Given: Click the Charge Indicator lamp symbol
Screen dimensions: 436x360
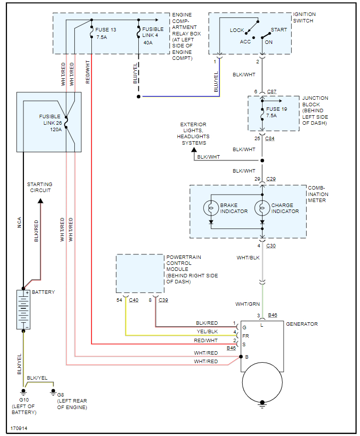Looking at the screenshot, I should [x=262, y=208].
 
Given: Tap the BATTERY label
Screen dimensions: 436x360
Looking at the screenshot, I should [x=43, y=292].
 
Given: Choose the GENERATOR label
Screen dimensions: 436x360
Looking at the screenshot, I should [x=302, y=324].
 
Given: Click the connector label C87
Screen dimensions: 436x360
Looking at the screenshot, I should [x=272, y=92].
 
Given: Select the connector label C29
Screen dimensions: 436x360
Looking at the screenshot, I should [x=271, y=179].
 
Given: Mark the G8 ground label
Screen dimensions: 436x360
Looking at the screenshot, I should [x=60, y=395].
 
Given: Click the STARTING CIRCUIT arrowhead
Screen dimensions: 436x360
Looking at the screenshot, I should [x=40, y=201].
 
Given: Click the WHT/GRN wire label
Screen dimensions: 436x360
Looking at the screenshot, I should [x=247, y=304].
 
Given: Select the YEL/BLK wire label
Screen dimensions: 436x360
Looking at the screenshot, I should [x=208, y=332].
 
